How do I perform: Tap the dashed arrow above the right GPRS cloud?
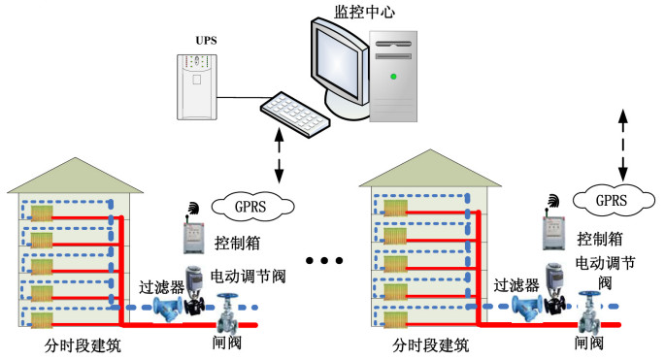click(x=622, y=145)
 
